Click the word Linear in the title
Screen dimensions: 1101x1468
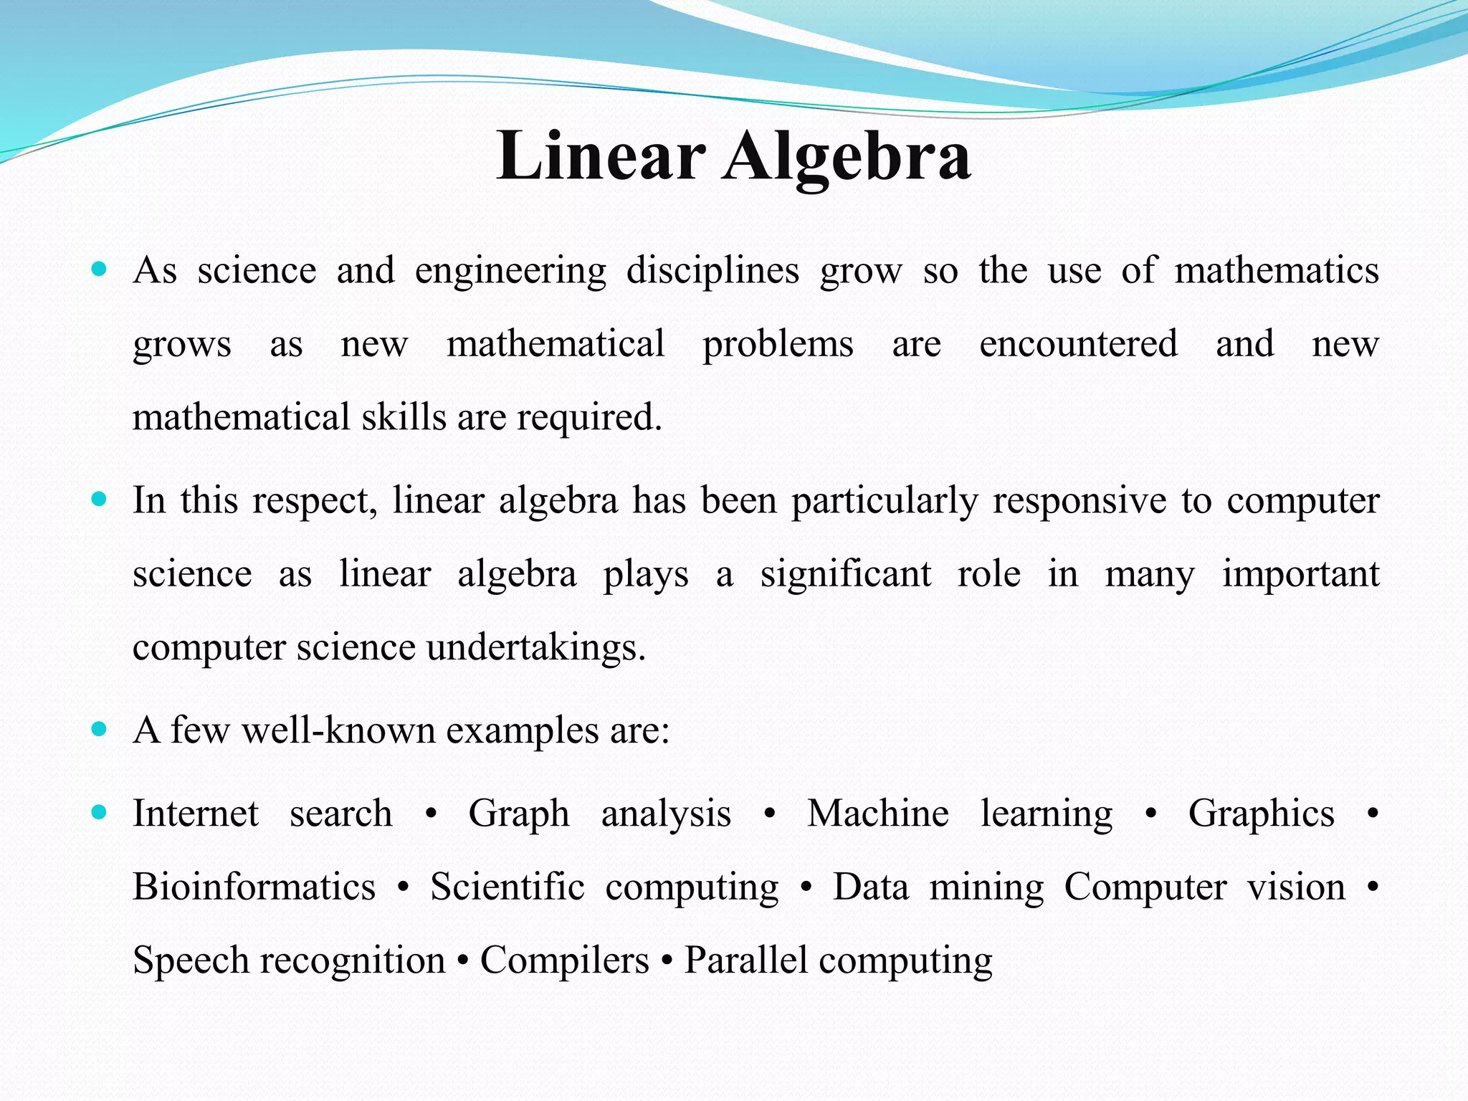click(601, 156)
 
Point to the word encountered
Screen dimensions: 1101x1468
click(1078, 344)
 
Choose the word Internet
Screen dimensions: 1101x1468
click(196, 814)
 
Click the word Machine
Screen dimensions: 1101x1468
click(878, 814)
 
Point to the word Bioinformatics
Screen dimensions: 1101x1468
click(254, 887)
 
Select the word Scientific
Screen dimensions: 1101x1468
click(507, 887)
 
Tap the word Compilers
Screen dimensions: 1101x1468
click(564, 961)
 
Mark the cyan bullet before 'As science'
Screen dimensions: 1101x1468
click(100, 271)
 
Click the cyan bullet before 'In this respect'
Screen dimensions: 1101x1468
click(100, 499)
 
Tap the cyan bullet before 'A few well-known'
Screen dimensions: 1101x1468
click(100, 730)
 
